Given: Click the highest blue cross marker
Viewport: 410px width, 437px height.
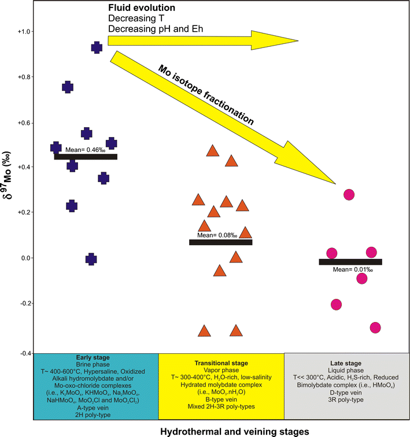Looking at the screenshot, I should point(97,47).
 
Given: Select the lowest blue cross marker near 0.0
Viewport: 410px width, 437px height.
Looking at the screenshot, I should point(91,260).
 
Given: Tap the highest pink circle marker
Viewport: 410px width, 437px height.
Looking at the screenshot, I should point(349,195).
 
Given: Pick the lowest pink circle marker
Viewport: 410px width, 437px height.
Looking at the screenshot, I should point(375,328).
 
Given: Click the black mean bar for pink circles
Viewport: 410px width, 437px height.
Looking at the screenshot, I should point(350,262).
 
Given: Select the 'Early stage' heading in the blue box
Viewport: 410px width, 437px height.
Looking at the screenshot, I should point(96,357).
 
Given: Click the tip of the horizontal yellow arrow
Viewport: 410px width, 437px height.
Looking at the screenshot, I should point(297,40).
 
